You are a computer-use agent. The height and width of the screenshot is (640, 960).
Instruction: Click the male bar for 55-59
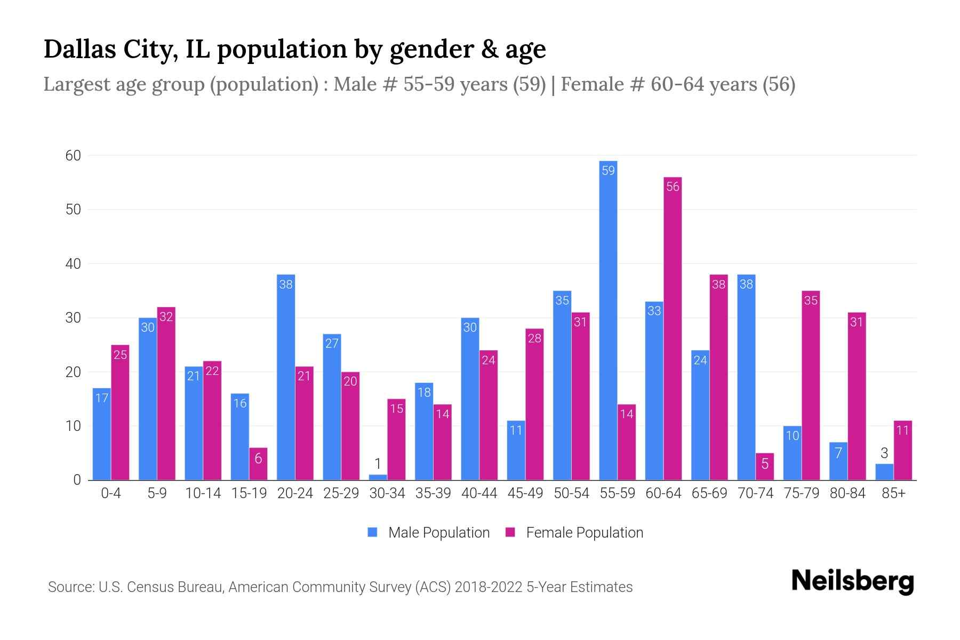pos(608,320)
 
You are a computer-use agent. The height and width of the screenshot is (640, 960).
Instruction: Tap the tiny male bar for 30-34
pos(378,477)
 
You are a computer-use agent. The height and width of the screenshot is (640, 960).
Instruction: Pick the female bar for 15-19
pos(258,464)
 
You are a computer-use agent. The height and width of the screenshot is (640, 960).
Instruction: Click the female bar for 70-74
pos(764,467)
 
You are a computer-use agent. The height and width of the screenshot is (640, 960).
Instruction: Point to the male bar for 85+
pos(884,472)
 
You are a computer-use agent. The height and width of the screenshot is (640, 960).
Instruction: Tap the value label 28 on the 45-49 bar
pos(534,338)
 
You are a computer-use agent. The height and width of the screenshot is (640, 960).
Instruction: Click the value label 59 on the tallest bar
pos(608,171)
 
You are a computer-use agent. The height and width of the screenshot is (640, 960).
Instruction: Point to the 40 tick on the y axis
pos(73,264)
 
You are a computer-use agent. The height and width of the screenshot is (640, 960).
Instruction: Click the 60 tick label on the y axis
pos(73,156)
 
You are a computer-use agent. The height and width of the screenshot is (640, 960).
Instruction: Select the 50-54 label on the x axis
pos(571,493)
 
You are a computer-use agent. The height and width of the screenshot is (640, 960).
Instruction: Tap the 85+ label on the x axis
pos(893,493)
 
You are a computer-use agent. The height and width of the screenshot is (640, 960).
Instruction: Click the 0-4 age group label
pos(111,493)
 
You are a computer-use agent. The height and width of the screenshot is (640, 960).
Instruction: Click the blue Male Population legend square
pos(372,532)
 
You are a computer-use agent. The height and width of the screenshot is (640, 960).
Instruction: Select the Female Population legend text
pos(585,532)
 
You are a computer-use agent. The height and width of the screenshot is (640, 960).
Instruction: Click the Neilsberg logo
pos(852,581)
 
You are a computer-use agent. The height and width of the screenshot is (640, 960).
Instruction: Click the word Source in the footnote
pos(70,587)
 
